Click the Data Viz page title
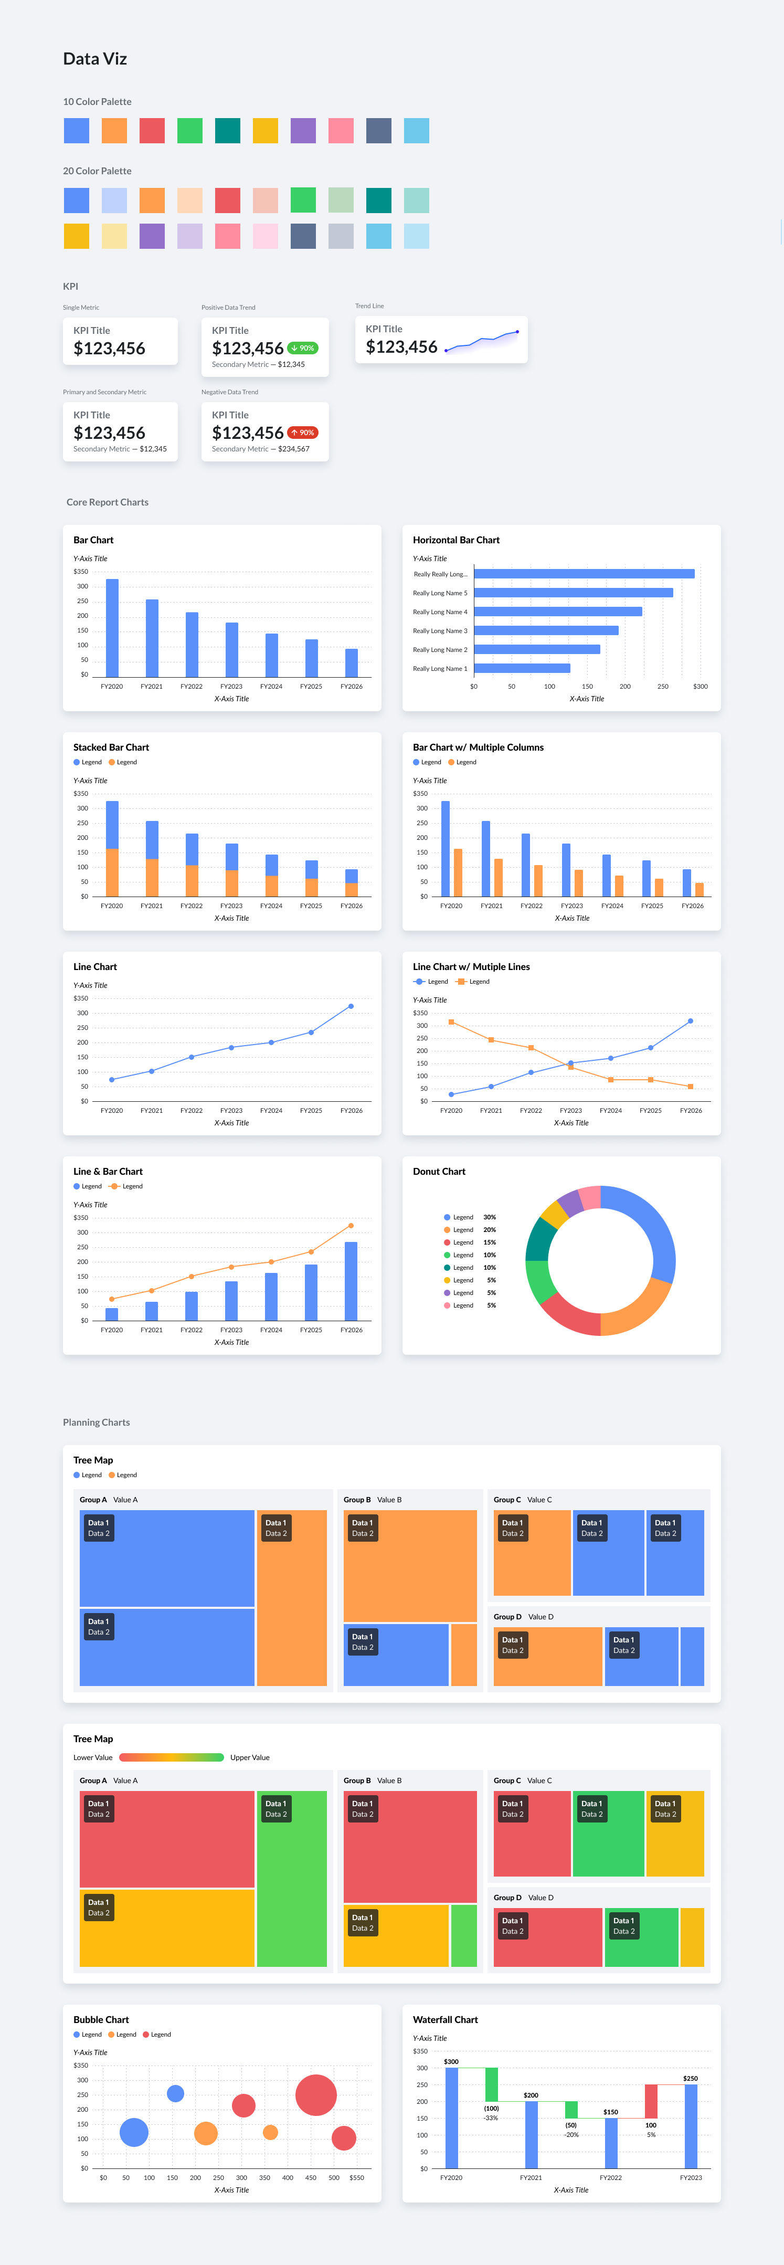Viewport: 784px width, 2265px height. pyautogui.click(x=95, y=59)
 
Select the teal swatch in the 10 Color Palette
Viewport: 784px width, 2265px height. pyautogui.click(x=228, y=130)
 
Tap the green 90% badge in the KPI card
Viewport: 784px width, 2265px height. pyautogui.click(x=302, y=348)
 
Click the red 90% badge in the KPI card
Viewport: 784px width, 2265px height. pyautogui.click(x=302, y=433)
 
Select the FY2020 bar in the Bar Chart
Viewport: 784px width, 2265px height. pyautogui.click(x=112, y=628)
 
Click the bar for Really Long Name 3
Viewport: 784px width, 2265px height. pyautogui.click(x=546, y=630)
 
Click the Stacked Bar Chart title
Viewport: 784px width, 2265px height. pyautogui.click(x=111, y=747)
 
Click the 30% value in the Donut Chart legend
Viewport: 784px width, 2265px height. pyautogui.click(x=490, y=1217)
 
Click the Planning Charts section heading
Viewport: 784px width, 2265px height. pyautogui.click(x=96, y=1422)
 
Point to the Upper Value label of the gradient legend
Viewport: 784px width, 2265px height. pyautogui.click(x=250, y=1757)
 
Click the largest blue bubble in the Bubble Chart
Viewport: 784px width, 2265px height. pyautogui.click(x=134, y=2132)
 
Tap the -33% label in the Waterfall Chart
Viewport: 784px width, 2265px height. pyautogui.click(x=491, y=2117)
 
